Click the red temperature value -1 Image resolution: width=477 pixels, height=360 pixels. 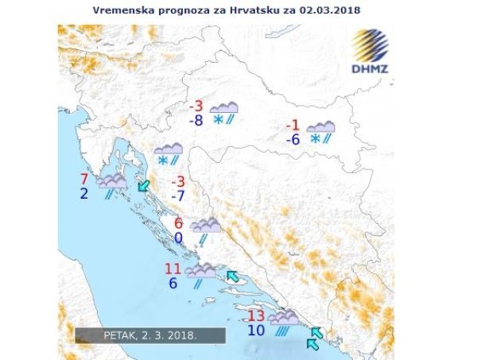[292, 126]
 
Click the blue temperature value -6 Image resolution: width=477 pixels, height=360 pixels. [292, 140]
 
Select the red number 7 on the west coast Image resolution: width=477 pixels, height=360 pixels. [84, 178]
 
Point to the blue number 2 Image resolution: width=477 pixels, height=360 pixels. [84, 193]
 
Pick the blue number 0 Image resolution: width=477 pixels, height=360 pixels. [179, 238]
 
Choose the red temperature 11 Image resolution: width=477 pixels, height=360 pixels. [173, 268]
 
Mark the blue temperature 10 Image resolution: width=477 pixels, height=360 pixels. [255, 329]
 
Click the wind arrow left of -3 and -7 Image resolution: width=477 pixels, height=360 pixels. [144, 186]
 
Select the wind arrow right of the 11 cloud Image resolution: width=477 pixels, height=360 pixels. [231, 276]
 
